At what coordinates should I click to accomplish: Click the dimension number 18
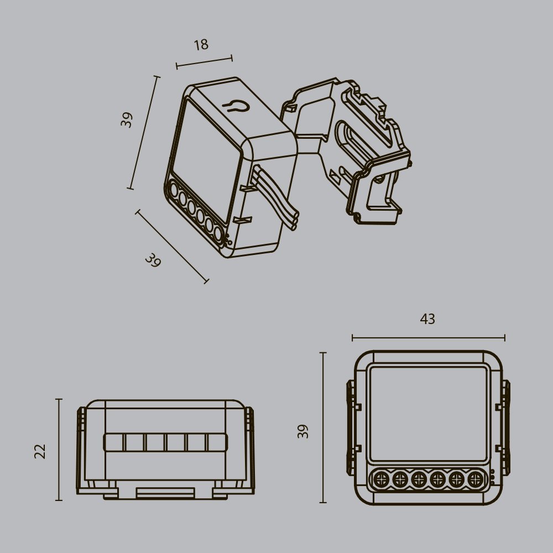click(x=201, y=45)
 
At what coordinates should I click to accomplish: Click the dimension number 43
click(x=427, y=319)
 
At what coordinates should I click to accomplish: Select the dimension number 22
click(x=40, y=451)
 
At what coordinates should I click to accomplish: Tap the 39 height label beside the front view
click(x=303, y=431)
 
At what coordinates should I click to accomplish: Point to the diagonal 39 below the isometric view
click(x=153, y=260)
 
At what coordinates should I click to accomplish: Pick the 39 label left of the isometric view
click(x=128, y=120)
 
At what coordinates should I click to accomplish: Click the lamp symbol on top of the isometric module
click(x=235, y=106)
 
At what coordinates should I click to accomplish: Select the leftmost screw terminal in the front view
click(x=380, y=479)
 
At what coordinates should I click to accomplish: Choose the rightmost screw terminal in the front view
click(x=475, y=479)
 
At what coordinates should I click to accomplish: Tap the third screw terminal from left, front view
click(x=419, y=479)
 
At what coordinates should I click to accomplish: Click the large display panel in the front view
click(x=428, y=413)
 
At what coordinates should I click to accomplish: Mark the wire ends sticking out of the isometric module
click(x=294, y=219)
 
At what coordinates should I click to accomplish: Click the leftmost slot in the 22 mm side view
click(x=114, y=442)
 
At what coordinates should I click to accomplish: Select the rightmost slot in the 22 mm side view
click(x=217, y=442)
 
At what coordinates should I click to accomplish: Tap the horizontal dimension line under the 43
click(x=428, y=337)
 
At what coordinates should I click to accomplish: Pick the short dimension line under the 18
click(x=204, y=62)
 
